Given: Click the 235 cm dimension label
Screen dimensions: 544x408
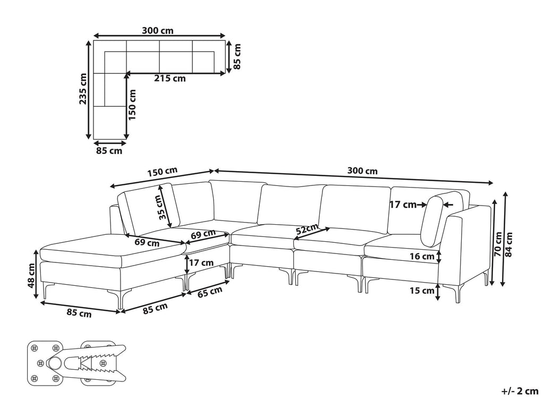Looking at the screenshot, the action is click(83, 89).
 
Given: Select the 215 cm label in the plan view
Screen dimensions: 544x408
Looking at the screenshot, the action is click(170, 79).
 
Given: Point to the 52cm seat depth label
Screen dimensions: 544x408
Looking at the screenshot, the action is click(307, 229).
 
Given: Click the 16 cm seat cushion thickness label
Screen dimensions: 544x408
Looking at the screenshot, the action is click(422, 257).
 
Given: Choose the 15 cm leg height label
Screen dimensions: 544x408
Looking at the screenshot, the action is click(422, 290).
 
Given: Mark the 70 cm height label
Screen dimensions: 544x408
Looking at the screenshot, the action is click(498, 243).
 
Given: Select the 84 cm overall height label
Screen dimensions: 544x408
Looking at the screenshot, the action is click(509, 243).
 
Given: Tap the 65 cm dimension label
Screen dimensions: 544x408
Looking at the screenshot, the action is click(209, 292).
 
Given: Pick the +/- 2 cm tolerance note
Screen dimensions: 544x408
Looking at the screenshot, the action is click(520, 392).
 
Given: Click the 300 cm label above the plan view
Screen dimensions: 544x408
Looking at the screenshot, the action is click(157, 30).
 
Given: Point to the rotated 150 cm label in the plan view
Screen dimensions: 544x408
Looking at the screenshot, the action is click(132, 105).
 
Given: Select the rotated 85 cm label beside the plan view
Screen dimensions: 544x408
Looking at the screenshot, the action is click(237, 56).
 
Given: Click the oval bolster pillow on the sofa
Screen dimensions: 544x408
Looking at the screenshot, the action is click(432, 222).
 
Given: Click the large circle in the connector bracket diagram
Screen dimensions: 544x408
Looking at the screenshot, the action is click(55, 363).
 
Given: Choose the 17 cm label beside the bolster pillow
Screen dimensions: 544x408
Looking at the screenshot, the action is click(403, 205).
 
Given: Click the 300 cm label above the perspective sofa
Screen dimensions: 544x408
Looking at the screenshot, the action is click(362, 171).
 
